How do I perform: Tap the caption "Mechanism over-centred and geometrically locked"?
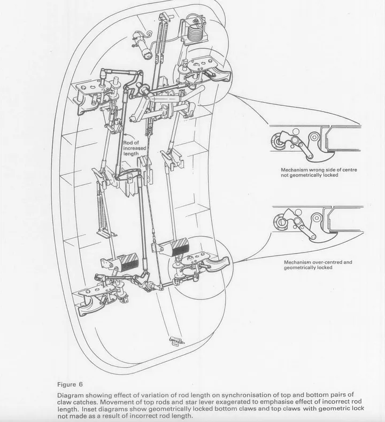click(318, 265)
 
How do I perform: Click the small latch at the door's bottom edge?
click(174, 341)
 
